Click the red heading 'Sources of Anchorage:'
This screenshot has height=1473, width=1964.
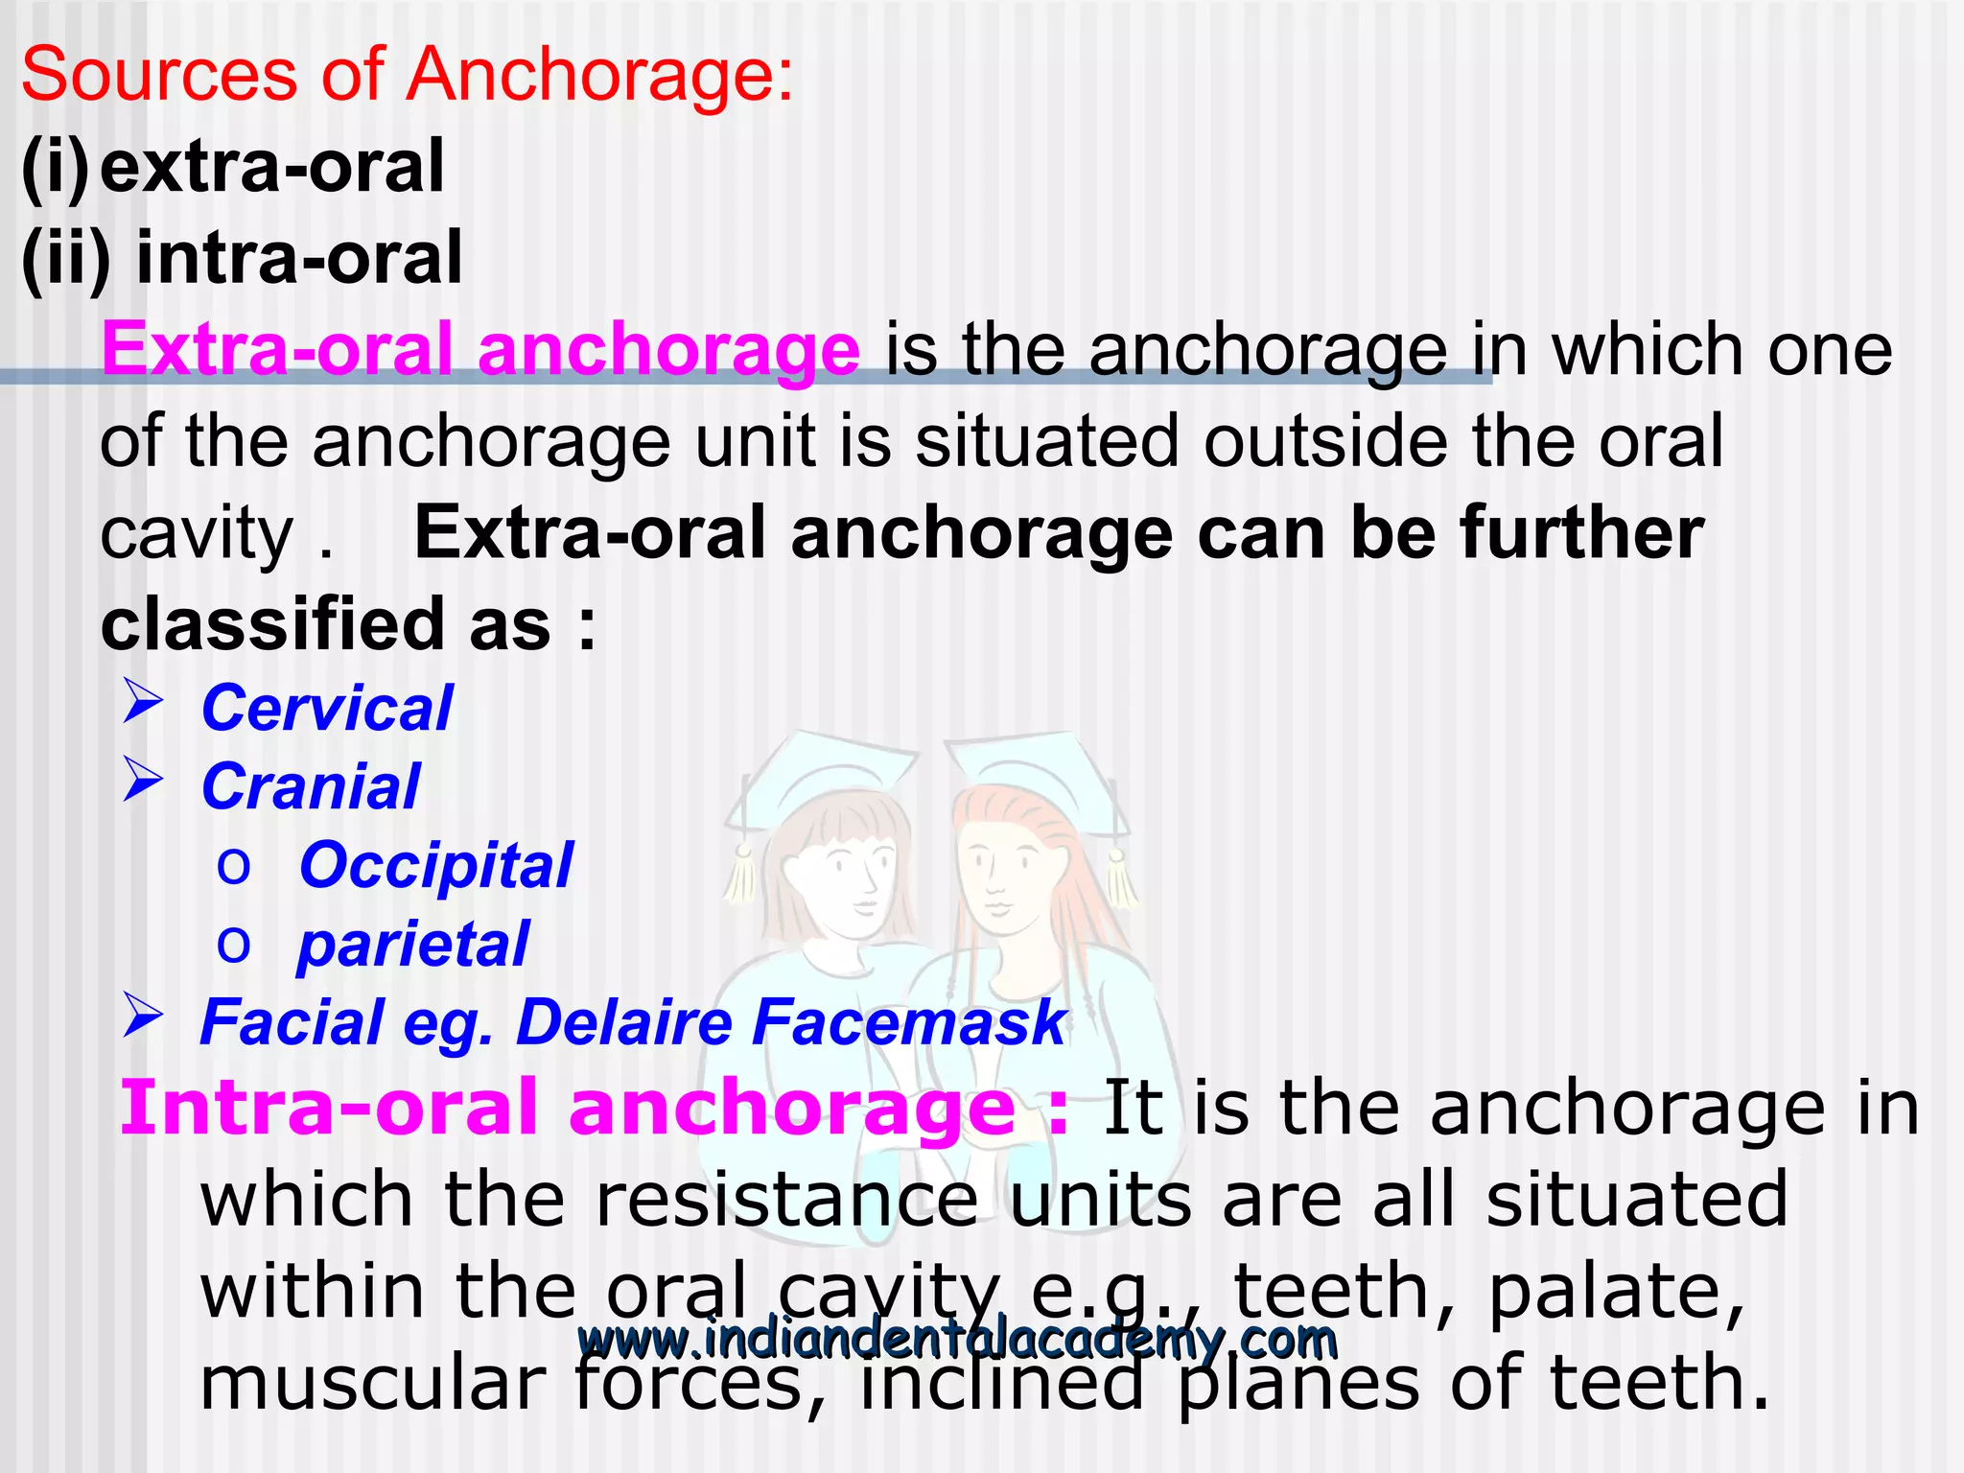408,75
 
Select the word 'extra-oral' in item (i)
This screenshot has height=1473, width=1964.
272,167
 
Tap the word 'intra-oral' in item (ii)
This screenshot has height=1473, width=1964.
299,258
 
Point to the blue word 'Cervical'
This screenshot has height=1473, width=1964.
326,709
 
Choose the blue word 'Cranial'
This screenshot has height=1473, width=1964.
311,787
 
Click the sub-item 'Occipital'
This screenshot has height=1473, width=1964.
435,866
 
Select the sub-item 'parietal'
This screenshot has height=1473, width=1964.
412,945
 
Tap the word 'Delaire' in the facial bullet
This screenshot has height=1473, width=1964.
624,1022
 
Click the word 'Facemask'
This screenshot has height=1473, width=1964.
908,1022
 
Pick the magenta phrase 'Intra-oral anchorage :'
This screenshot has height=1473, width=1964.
595,1109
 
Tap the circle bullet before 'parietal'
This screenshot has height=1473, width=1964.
233,946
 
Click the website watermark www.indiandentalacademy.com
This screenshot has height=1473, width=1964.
957,1339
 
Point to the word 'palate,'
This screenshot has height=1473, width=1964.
1616,1292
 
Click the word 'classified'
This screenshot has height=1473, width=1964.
272,625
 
